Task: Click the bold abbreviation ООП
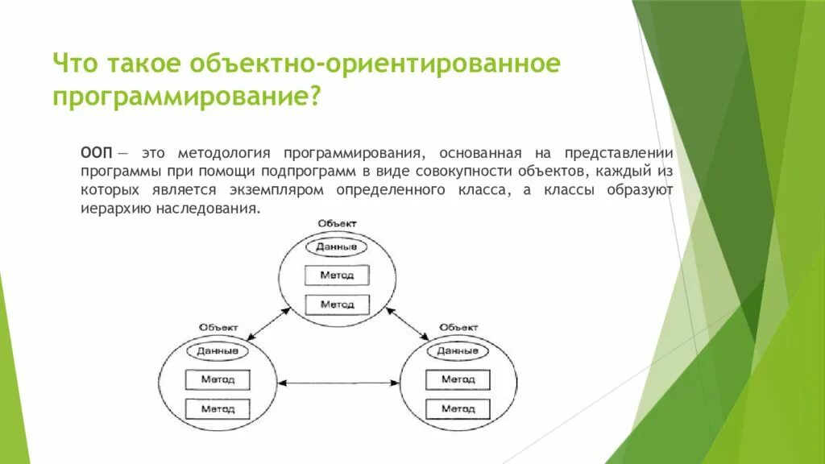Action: click(97, 152)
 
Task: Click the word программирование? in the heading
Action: click(188, 97)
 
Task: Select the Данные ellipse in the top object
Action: click(337, 247)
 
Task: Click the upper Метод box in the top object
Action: click(337, 275)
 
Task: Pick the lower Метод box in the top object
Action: click(337, 304)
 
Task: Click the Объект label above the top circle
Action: click(337, 223)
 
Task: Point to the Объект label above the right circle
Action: click(458, 327)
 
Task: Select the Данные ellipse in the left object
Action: click(218, 351)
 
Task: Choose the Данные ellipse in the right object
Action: click(458, 351)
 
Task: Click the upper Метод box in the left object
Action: click(218, 379)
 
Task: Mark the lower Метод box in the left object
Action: click(218, 408)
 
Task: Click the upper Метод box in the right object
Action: click(458, 379)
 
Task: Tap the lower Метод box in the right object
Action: click(458, 408)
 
